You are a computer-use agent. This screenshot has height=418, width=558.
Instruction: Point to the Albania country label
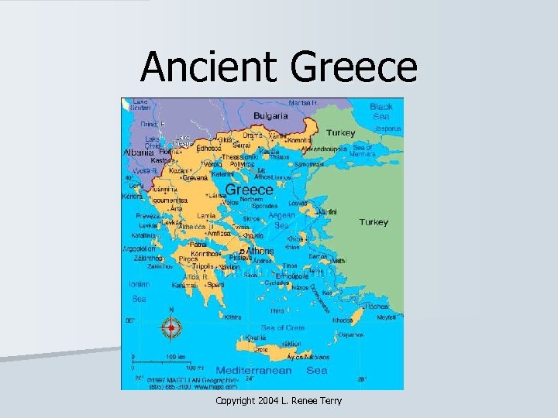pyautogui.click(x=138, y=152)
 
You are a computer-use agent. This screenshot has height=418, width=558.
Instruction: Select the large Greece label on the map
pyautogui.click(x=249, y=189)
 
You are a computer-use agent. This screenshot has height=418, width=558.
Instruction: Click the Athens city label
pyautogui.click(x=260, y=251)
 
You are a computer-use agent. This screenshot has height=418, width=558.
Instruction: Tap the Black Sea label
pyautogui.click(x=381, y=111)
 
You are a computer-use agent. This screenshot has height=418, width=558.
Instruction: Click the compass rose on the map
pyautogui.click(x=171, y=327)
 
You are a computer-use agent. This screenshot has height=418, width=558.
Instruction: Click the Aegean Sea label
pyautogui.click(x=281, y=220)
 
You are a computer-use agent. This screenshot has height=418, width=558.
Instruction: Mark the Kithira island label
pyautogui.click(x=232, y=316)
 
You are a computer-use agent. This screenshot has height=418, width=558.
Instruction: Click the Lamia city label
pyautogui.click(x=207, y=215)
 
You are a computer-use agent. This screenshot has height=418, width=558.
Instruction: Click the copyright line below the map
pyautogui.click(x=278, y=400)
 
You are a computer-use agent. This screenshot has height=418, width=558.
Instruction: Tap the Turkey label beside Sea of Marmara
pyautogui.click(x=340, y=132)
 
